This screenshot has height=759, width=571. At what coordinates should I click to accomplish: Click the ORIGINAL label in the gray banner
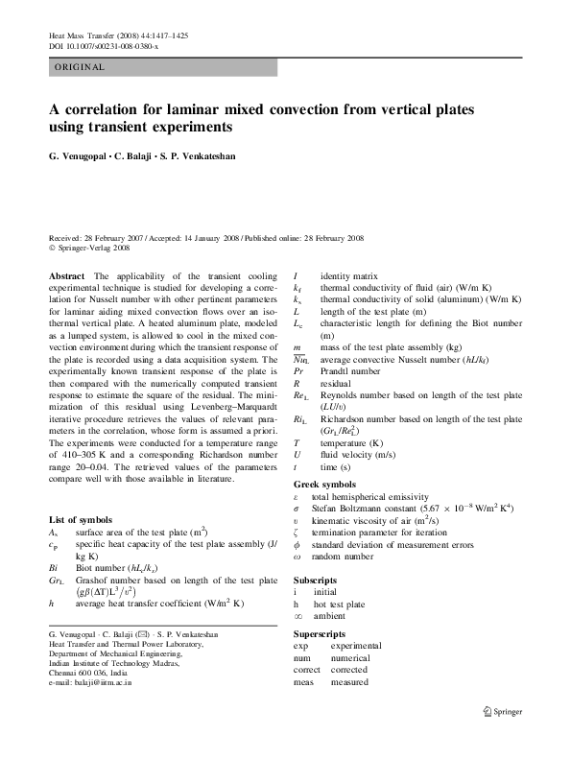click(79, 67)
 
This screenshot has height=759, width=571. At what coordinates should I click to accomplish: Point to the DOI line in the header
click(106, 46)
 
